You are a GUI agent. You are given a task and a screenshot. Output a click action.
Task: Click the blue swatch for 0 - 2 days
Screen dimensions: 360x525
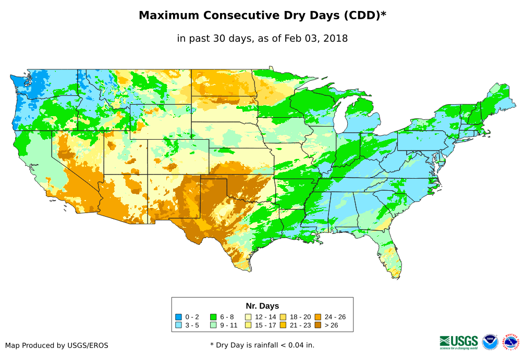(x=179, y=317)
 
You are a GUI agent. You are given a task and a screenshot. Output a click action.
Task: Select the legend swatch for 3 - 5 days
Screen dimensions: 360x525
(x=179, y=325)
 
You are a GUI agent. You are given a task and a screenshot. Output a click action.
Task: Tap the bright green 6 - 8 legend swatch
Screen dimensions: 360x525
(x=213, y=317)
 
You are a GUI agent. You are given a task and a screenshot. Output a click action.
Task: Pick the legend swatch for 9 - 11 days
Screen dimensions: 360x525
(x=213, y=325)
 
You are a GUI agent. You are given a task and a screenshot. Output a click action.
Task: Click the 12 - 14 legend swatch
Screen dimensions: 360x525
(x=248, y=317)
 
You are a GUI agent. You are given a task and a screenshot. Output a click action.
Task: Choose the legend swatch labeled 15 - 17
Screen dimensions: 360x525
(x=248, y=325)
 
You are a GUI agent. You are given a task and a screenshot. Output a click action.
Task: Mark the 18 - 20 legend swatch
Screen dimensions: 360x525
(x=283, y=317)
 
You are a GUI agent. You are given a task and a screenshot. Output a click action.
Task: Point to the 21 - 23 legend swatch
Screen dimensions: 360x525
(x=283, y=325)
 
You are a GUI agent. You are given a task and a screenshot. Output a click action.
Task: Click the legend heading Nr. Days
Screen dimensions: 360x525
(x=262, y=306)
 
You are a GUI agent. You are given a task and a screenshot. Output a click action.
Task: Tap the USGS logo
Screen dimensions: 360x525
(x=459, y=342)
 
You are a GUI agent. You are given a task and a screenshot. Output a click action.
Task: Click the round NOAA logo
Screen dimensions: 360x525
(x=490, y=342)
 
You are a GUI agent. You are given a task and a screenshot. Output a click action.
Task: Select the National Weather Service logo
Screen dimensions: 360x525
(x=511, y=342)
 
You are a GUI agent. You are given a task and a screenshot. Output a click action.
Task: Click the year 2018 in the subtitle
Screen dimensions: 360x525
(x=335, y=38)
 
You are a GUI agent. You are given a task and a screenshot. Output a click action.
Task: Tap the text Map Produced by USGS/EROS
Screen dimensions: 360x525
(x=57, y=345)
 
